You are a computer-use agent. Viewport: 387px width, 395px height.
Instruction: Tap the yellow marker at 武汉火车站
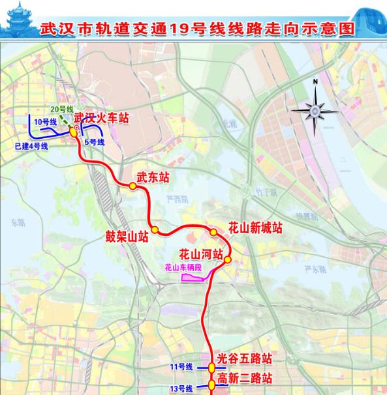73,131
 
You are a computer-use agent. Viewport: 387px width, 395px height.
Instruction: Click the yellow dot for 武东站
132,186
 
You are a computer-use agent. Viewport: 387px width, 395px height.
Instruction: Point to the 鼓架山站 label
127,237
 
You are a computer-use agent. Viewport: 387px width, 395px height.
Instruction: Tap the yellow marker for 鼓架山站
155,229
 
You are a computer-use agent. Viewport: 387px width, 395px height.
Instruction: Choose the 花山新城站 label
255,228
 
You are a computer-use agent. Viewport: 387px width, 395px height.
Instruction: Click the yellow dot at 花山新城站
213,233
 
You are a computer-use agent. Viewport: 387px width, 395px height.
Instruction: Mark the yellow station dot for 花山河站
228,260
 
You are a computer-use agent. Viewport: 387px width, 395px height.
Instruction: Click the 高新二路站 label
245,379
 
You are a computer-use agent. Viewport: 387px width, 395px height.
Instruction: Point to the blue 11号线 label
181,368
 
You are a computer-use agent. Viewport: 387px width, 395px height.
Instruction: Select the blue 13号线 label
181,388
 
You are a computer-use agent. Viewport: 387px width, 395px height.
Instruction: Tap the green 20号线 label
62,111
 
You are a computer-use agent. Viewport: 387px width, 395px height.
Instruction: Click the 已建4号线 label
31,146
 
